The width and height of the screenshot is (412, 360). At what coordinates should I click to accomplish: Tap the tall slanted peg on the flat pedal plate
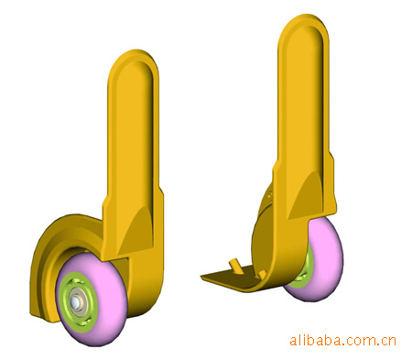pos(235,267)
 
